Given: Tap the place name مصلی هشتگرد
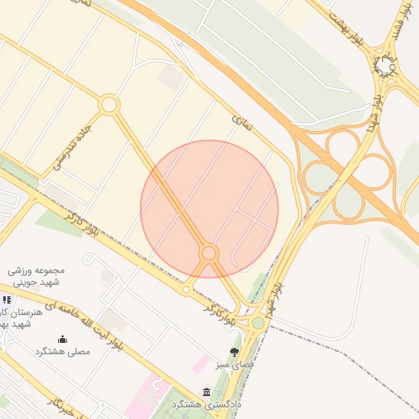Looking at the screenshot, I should pos(62,351).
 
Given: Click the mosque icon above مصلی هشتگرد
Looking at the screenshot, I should pos(62,339).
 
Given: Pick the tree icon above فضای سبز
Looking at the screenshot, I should pos(235,352).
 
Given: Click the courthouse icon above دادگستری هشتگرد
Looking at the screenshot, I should pos(205,393).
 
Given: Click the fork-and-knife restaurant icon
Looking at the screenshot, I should pos(7,300).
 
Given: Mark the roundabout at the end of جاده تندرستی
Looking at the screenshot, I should pos(109,105).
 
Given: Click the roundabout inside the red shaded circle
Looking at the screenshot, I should pos(209,254).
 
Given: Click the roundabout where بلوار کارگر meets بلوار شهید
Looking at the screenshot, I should pos(258,322).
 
